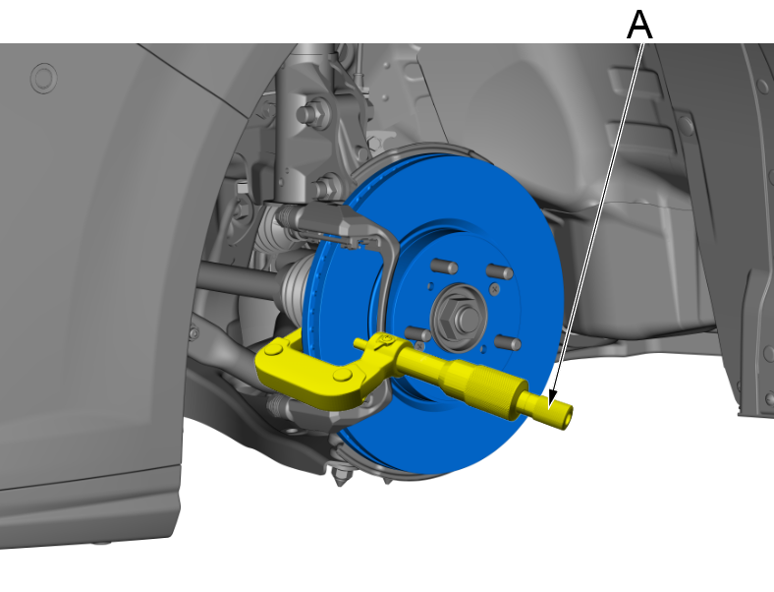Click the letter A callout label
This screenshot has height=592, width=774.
[x=639, y=25]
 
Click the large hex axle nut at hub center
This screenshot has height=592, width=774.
[x=458, y=318]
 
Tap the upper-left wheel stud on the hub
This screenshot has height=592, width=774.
[x=444, y=266]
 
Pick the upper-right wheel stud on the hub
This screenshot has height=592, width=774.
[x=500, y=271]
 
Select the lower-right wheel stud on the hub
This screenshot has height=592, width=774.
[x=508, y=342]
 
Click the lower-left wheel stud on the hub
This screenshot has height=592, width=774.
[x=417, y=333]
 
